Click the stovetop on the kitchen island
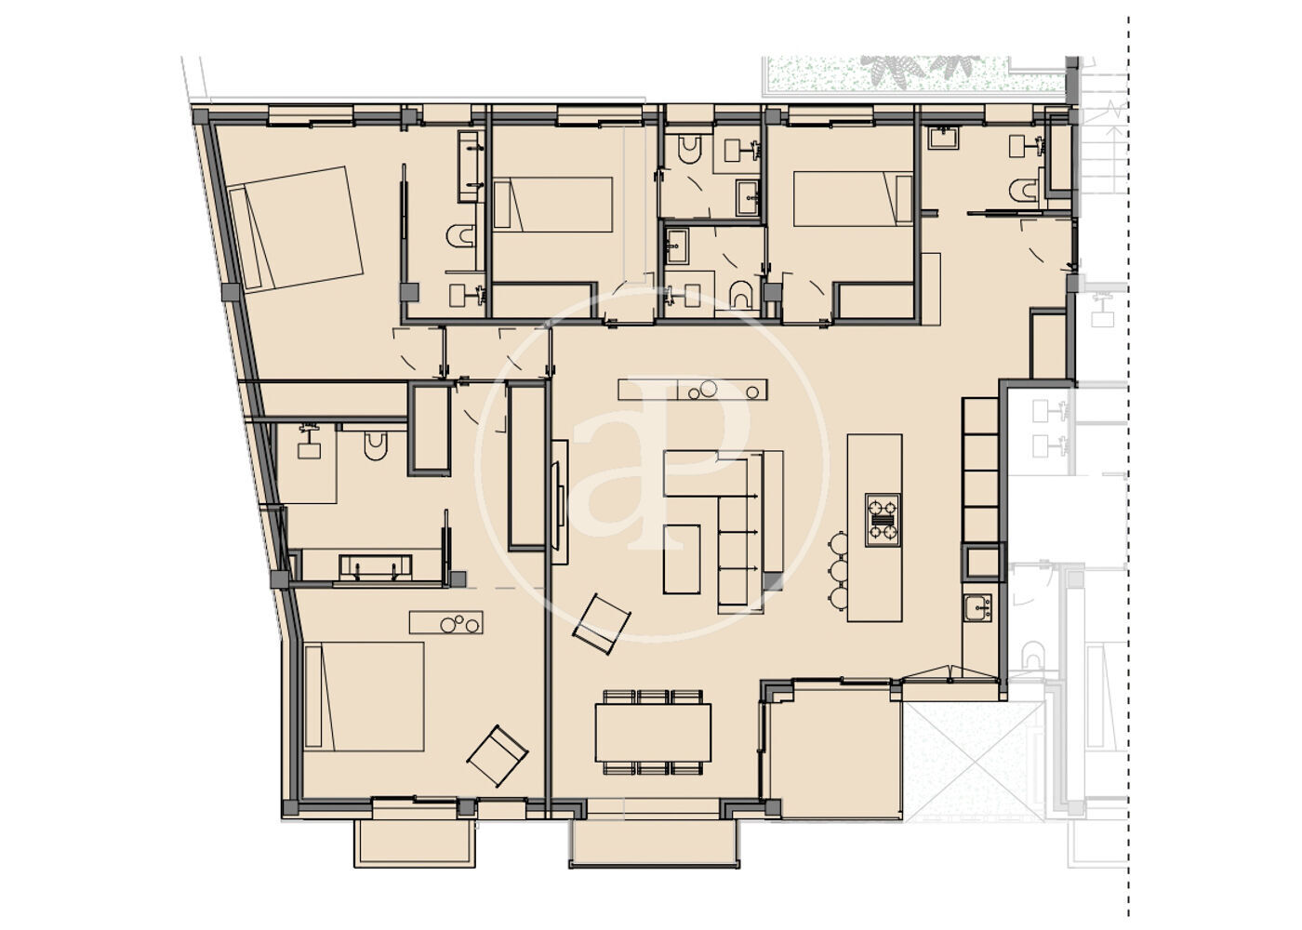[x=883, y=520]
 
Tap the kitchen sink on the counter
[x=977, y=608]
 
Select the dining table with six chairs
[x=653, y=733]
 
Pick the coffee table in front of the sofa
[x=681, y=559]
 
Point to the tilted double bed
[x=296, y=229]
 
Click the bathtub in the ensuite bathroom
[x=471, y=166]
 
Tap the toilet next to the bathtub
[x=461, y=235]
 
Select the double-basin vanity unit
[x=376, y=568]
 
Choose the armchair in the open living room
[x=602, y=624]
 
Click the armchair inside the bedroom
[x=498, y=755]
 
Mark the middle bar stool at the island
[x=839, y=571]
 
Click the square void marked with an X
[x=974, y=761]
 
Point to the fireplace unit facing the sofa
[x=559, y=502]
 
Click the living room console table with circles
[x=692, y=390]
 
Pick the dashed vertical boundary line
[x=1129, y=465]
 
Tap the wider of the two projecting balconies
[x=654, y=844]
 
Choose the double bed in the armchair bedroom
[x=364, y=697]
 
